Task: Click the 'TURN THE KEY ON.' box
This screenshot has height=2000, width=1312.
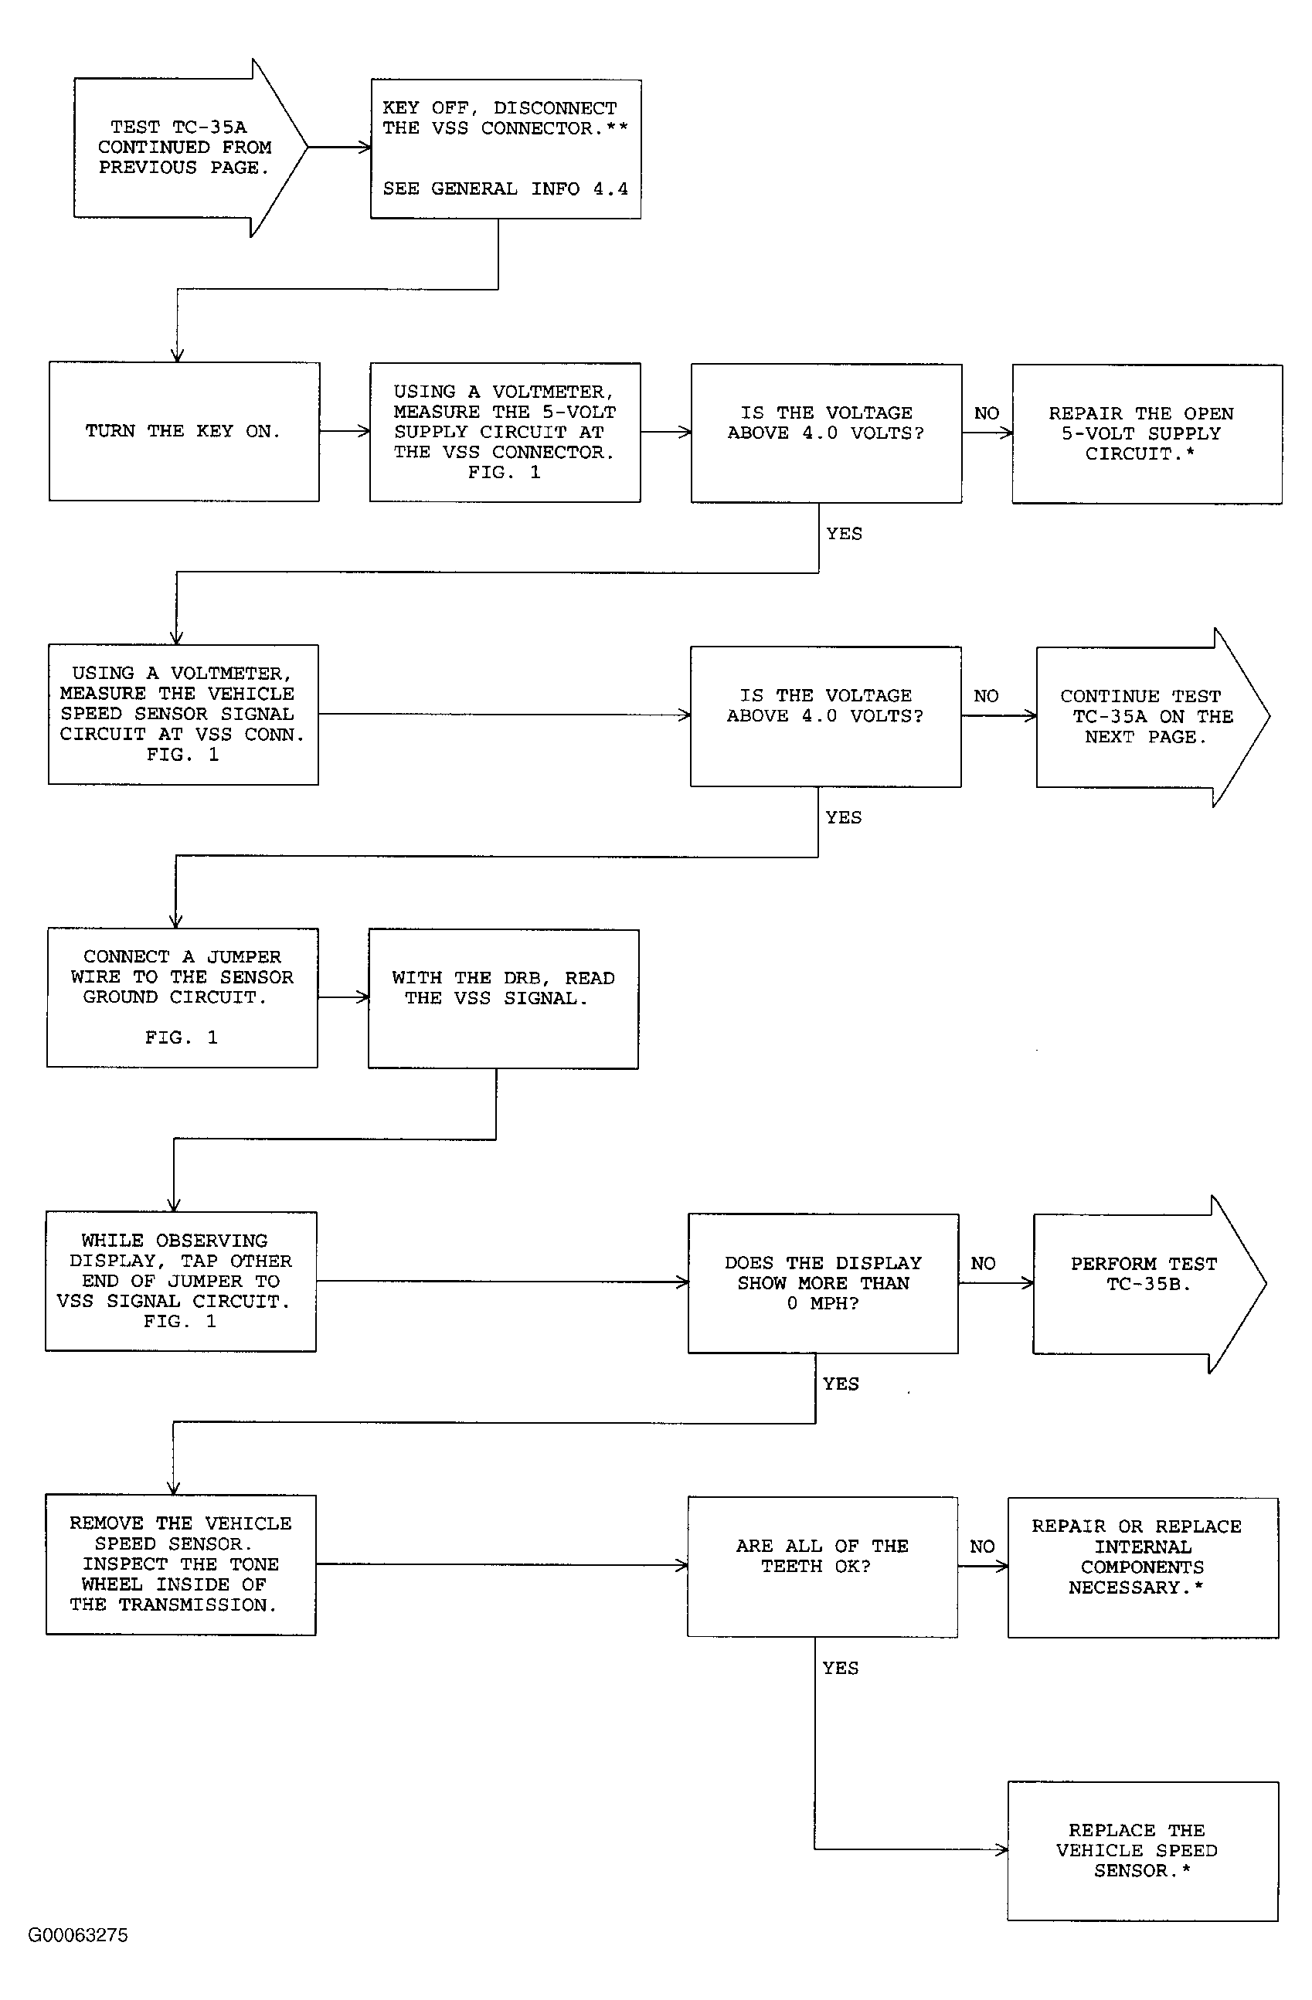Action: click(184, 431)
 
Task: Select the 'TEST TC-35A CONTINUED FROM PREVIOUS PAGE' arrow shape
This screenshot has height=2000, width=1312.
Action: click(190, 148)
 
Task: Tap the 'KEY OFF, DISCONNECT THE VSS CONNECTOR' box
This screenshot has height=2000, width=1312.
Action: click(506, 149)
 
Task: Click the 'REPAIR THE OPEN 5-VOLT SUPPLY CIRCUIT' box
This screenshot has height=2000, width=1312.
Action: click(1147, 433)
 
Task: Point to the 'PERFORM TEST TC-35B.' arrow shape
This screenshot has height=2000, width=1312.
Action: click(1149, 1283)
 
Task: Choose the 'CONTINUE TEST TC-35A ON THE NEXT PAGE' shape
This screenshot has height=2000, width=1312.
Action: click(1152, 717)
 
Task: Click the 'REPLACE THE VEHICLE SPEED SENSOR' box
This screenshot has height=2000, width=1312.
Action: click(1143, 1850)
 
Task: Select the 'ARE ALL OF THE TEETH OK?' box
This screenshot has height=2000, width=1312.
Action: click(823, 1567)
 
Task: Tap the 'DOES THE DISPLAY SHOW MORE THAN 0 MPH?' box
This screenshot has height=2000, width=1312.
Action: click(824, 1283)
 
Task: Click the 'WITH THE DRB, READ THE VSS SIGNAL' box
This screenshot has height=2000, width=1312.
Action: click(504, 998)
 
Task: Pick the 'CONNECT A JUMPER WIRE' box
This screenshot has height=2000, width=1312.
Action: click(182, 997)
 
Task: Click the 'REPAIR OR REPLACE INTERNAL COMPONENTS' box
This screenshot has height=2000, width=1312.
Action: click(1143, 1567)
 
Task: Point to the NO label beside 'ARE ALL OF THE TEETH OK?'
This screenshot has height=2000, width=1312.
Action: click(982, 1547)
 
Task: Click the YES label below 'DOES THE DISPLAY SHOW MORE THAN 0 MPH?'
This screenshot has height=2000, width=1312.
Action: click(841, 1384)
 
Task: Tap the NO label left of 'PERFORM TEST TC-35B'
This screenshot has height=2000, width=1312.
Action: click(983, 1263)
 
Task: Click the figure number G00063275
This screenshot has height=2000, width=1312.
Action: click(78, 1935)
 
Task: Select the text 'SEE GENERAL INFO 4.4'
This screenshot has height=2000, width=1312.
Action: click(506, 189)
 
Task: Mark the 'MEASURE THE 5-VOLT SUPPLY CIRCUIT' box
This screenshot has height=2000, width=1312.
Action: click(505, 432)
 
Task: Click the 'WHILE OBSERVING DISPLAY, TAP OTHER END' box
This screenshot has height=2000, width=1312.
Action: click(181, 1281)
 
